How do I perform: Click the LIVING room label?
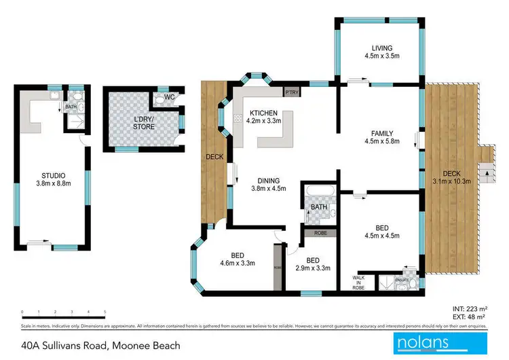pos(382,48)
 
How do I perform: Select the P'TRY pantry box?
pos(292,92)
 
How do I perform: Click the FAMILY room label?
pos(382,133)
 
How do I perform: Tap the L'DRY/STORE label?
pos(143,122)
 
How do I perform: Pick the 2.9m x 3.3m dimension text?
pos(313,268)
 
